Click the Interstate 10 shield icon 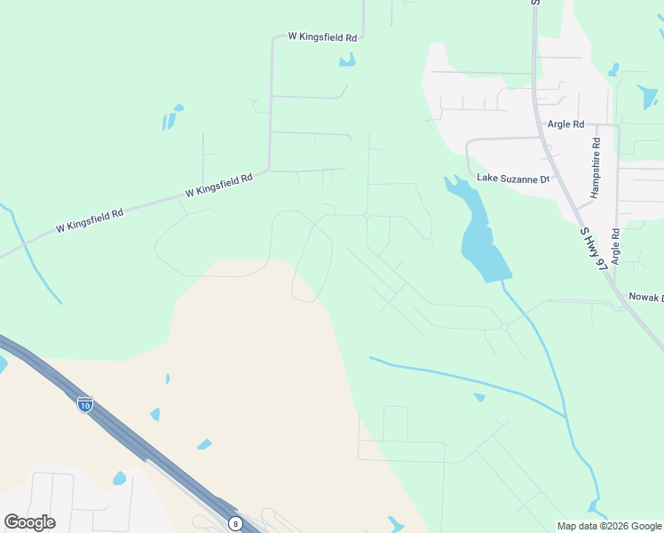click(85, 403)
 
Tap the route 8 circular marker click(234, 523)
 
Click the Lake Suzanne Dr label click(514, 178)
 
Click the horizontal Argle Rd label click(565, 124)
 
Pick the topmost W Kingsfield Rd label click(322, 37)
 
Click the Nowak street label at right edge click(645, 298)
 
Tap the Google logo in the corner click(29, 522)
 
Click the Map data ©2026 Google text click(609, 526)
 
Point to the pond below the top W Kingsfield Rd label click(347, 60)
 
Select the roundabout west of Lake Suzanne click(367, 215)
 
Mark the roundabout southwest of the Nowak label click(503, 327)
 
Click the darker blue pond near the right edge click(648, 97)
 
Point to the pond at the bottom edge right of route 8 click(393, 525)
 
